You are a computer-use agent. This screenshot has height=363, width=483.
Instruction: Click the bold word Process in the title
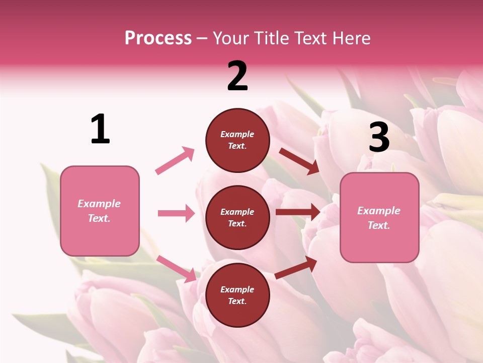(x=158, y=38)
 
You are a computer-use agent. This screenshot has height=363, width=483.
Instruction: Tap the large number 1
(x=100, y=129)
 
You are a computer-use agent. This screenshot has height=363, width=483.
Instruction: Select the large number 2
(x=237, y=76)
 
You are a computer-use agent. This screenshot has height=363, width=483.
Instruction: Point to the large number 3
(x=379, y=137)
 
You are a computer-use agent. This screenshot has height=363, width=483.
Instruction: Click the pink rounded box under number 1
(x=100, y=211)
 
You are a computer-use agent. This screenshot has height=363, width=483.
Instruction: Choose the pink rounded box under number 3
(x=379, y=217)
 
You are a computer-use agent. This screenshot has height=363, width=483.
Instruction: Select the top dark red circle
(x=237, y=140)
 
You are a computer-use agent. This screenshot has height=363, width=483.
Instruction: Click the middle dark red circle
(x=237, y=217)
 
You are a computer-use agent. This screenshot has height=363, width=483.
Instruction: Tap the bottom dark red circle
(x=237, y=295)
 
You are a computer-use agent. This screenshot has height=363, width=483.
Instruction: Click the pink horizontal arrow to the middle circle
(x=176, y=213)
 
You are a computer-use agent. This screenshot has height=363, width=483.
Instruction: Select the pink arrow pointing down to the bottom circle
(x=177, y=268)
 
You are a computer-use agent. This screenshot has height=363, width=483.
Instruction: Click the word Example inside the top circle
(x=237, y=134)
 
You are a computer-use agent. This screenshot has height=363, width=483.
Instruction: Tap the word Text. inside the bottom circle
(x=237, y=301)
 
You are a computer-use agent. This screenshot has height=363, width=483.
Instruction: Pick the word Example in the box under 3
(x=379, y=211)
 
